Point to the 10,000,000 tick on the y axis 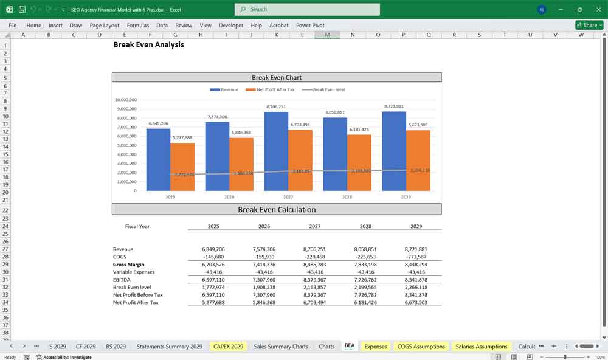[x=126, y=100]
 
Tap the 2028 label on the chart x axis [x=347, y=197]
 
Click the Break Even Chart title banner [x=277, y=77]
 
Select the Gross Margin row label [x=129, y=265]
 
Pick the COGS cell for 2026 [x=264, y=257]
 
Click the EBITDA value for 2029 [x=416, y=280]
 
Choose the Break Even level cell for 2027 [x=314, y=287]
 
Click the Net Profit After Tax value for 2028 [x=365, y=302]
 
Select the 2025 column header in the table [x=213, y=226]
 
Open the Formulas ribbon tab [x=138, y=26]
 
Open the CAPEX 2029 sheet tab [x=228, y=347]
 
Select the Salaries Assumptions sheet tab [x=481, y=347]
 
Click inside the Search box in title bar [x=307, y=9]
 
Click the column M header [x=327, y=35]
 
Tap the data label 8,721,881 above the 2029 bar [x=394, y=106]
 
